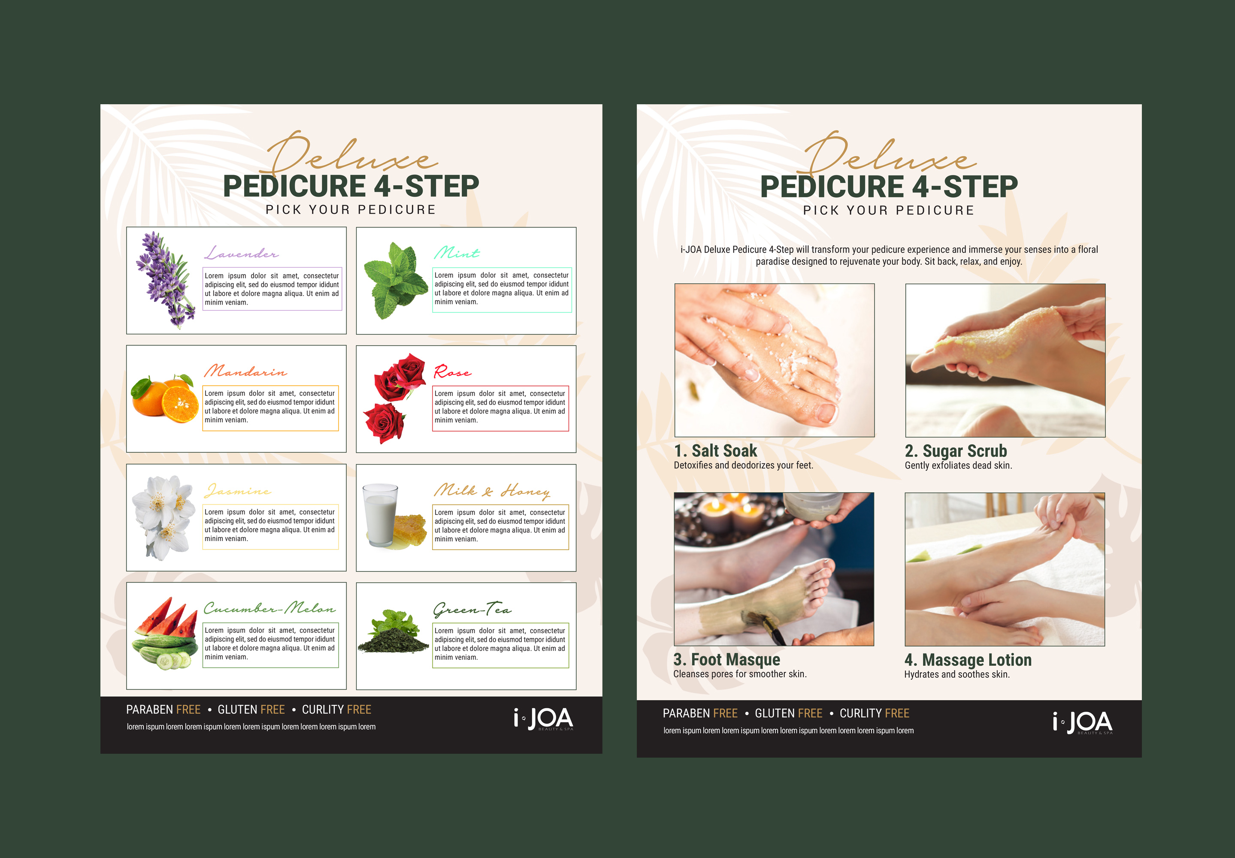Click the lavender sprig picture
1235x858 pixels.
coord(165,280)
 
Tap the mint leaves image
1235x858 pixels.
coord(396,280)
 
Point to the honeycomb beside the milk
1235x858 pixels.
coord(410,530)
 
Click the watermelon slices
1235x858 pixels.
coord(166,616)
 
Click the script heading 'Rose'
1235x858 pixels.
coord(453,372)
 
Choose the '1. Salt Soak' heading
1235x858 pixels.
coord(716,450)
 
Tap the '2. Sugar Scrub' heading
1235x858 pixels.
coord(956,451)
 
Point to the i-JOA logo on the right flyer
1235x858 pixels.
coord(1083,722)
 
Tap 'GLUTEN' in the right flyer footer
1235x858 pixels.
coord(775,713)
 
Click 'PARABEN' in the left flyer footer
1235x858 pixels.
coord(149,710)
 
